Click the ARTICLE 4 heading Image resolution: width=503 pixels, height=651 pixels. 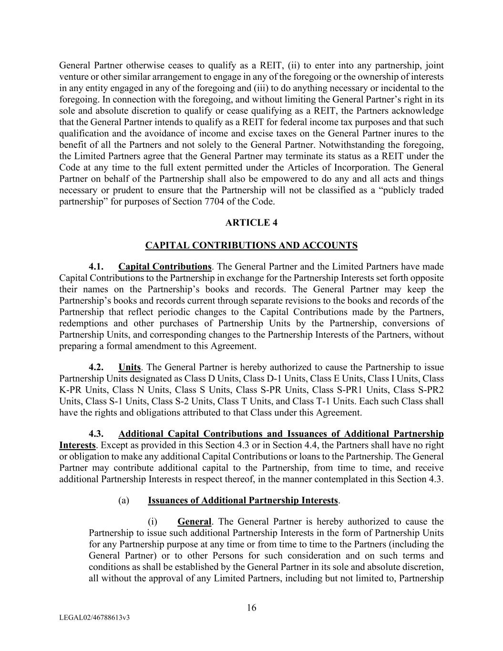pos(251,223)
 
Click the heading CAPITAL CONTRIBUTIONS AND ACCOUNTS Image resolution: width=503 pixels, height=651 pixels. pos(251,246)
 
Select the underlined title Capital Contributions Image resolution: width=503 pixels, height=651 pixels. pos(165,267)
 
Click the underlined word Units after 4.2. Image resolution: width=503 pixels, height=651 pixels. pos(130,367)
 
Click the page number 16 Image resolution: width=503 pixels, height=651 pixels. pos(252,608)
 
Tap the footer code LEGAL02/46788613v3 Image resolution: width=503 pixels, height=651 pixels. pos(95,618)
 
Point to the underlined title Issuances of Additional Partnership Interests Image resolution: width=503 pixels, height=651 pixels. pos(243,501)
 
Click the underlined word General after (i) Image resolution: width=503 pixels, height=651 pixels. pos(194,522)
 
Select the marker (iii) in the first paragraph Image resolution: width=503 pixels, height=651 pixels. pos(277,88)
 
